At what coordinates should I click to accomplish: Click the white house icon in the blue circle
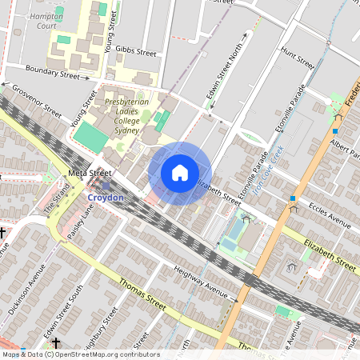[180, 173]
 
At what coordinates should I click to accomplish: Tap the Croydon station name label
[106, 197]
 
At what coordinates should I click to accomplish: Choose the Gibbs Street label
[135, 52]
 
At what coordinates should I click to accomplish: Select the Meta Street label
[89, 172]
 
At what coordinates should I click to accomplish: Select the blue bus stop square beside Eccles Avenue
[294, 198]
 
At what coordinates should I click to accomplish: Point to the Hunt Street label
[297, 57]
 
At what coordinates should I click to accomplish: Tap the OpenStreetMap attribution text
[80, 354]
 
